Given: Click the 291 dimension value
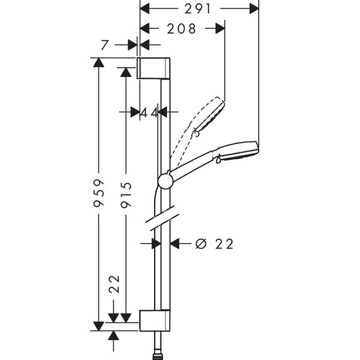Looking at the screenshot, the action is click(197, 9).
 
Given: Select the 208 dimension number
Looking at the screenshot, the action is click(181, 29).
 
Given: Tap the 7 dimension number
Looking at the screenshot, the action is click(104, 45).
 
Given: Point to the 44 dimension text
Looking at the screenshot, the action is click(149, 113).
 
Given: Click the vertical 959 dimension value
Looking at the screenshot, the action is click(99, 193).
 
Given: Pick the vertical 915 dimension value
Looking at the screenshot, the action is click(126, 194).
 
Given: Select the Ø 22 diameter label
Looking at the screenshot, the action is click(214, 244).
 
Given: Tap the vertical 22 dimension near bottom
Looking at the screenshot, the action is click(115, 284).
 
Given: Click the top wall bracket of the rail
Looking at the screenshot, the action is click(154, 68).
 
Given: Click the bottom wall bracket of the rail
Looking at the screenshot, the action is click(155, 320).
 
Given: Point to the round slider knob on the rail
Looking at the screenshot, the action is click(165, 181).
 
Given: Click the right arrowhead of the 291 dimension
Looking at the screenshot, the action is click(254, 9).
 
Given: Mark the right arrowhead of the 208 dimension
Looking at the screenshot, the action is click(220, 28).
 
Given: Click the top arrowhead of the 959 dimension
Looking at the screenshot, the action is click(99, 62).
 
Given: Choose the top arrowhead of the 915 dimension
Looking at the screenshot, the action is click(126, 72).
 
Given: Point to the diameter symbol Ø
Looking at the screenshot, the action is click(201, 244).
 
